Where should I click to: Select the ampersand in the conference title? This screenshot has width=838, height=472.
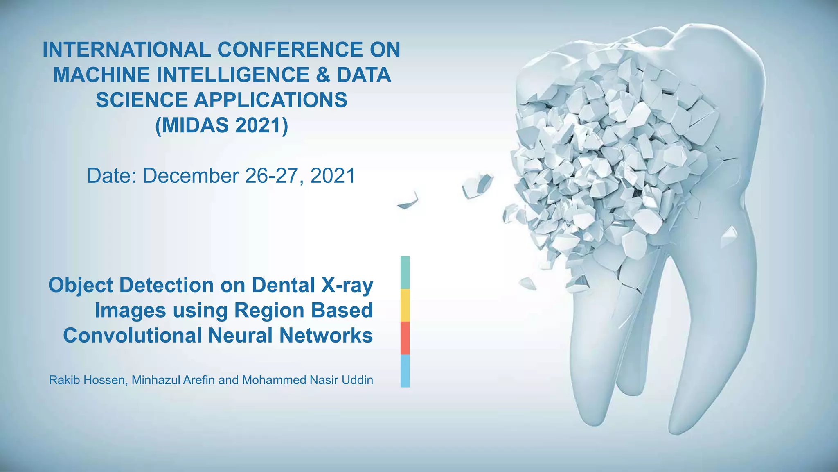(322, 75)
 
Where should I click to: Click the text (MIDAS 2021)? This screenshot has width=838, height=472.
(221, 125)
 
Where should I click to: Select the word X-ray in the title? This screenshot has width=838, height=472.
(347, 286)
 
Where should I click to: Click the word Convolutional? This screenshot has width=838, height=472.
(133, 336)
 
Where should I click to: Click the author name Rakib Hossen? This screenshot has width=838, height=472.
(87, 380)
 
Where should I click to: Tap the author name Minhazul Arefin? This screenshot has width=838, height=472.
(173, 380)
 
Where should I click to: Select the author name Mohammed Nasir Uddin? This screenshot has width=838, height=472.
(307, 380)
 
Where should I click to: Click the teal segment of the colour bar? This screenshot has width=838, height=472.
(405, 272)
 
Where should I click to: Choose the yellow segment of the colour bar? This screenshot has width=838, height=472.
(405, 305)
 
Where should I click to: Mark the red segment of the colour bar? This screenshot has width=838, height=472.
(405, 338)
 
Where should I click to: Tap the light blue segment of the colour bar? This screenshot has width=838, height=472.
(405, 371)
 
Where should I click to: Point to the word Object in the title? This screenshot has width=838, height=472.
(80, 286)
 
